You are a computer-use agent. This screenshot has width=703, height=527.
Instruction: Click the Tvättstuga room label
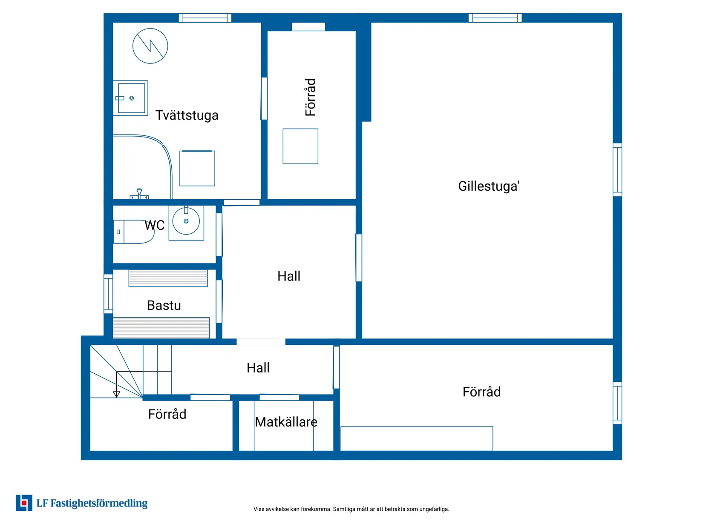pyautogui.click(x=187, y=115)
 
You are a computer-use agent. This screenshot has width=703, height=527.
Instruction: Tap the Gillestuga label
pyautogui.click(x=488, y=186)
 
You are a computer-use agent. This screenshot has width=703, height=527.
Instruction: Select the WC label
pyautogui.click(x=154, y=225)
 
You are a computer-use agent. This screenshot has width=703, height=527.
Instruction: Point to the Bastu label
pyautogui.click(x=164, y=305)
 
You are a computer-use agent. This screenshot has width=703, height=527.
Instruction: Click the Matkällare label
pyautogui.click(x=286, y=422)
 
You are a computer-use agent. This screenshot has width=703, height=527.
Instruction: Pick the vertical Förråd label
pyautogui.click(x=310, y=97)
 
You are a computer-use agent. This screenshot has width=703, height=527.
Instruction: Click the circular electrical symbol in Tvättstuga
pyautogui.click(x=150, y=46)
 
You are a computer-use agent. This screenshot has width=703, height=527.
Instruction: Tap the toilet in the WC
pyautogui.click(x=134, y=232)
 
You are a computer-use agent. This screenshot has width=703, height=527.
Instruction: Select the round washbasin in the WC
pyautogui.click(x=186, y=221)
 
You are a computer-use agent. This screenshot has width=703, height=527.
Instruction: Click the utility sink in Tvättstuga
pyautogui.click(x=131, y=98)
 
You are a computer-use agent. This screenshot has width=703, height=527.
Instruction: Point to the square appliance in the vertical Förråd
pyautogui.click(x=300, y=146)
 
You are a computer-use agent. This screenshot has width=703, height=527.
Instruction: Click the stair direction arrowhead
pyautogui.click(x=117, y=395)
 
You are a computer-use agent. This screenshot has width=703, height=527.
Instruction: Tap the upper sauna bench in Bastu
pyautogui.click(x=168, y=278)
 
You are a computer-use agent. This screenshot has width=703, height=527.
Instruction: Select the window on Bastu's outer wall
pyautogui.click(x=108, y=294)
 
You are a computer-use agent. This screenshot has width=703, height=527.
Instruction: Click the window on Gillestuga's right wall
pyautogui.click(x=617, y=169)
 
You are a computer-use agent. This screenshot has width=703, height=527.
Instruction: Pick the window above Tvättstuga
pyautogui.click(x=205, y=18)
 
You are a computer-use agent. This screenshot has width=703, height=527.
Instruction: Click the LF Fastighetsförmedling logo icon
pyautogui.click(x=24, y=503)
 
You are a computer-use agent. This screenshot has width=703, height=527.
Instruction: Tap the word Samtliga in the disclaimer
pyautogui.click(x=344, y=509)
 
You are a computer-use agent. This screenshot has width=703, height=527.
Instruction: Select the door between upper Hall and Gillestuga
pyautogui.click(x=359, y=258)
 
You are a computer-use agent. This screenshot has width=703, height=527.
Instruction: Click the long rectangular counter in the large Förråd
pyautogui.click(x=417, y=439)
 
